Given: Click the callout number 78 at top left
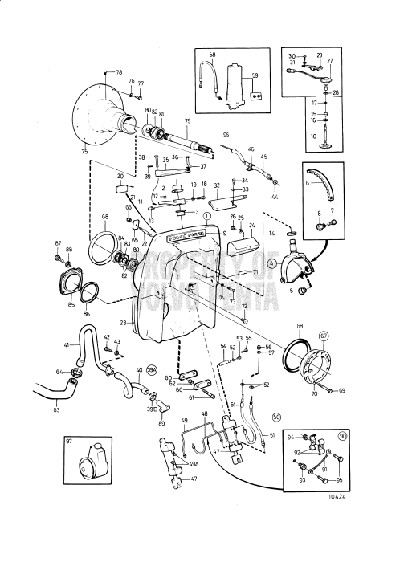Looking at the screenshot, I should [109, 72].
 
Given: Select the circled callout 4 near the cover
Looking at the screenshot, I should [272, 262].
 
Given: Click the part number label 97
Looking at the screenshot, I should [70, 441].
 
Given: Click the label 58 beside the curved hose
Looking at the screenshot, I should [212, 55].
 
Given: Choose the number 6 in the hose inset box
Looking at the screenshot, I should [308, 183].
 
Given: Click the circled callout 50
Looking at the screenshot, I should [276, 417].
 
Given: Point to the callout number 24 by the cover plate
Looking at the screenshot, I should [251, 226].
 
